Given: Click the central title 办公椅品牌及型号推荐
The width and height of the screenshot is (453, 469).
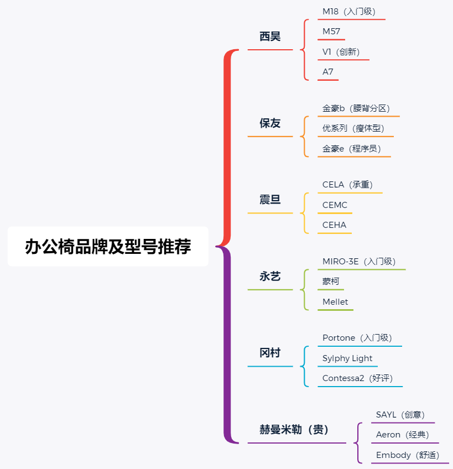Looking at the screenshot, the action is [x=108, y=247].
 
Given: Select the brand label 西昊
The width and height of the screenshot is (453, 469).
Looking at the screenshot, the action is [x=270, y=37].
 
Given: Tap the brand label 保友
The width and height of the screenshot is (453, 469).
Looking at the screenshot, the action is [x=270, y=123].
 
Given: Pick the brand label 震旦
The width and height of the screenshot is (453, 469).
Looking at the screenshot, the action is [x=270, y=200].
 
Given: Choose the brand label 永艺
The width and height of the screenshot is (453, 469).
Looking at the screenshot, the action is [x=270, y=277].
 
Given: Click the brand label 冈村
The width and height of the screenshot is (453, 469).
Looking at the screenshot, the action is [x=270, y=353].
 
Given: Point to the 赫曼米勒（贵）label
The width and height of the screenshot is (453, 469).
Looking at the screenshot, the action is [x=294, y=430].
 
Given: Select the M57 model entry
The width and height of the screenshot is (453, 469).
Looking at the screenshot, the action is [x=331, y=32].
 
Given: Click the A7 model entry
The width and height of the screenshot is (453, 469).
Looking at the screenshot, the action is [x=327, y=72].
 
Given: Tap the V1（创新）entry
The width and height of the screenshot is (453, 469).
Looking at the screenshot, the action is [x=341, y=52].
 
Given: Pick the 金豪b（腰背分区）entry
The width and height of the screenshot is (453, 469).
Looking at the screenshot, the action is [x=356, y=108].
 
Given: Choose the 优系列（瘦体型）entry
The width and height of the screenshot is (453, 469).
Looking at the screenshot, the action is [x=353, y=128].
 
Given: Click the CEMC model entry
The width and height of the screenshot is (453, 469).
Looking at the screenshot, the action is [x=335, y=205].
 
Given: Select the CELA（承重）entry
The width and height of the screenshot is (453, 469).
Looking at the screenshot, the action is [x=348, y=185].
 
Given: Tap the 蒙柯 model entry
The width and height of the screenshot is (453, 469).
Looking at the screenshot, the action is [x=331, y=281].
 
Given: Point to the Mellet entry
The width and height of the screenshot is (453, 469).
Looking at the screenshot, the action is [x=335, y=302].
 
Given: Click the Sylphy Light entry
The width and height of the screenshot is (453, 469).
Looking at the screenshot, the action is [x=347, y=358].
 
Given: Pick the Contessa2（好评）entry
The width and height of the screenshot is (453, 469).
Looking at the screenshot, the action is [x=358, y=378].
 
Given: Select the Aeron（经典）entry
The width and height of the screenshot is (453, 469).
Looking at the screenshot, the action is [x=403, y=435].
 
